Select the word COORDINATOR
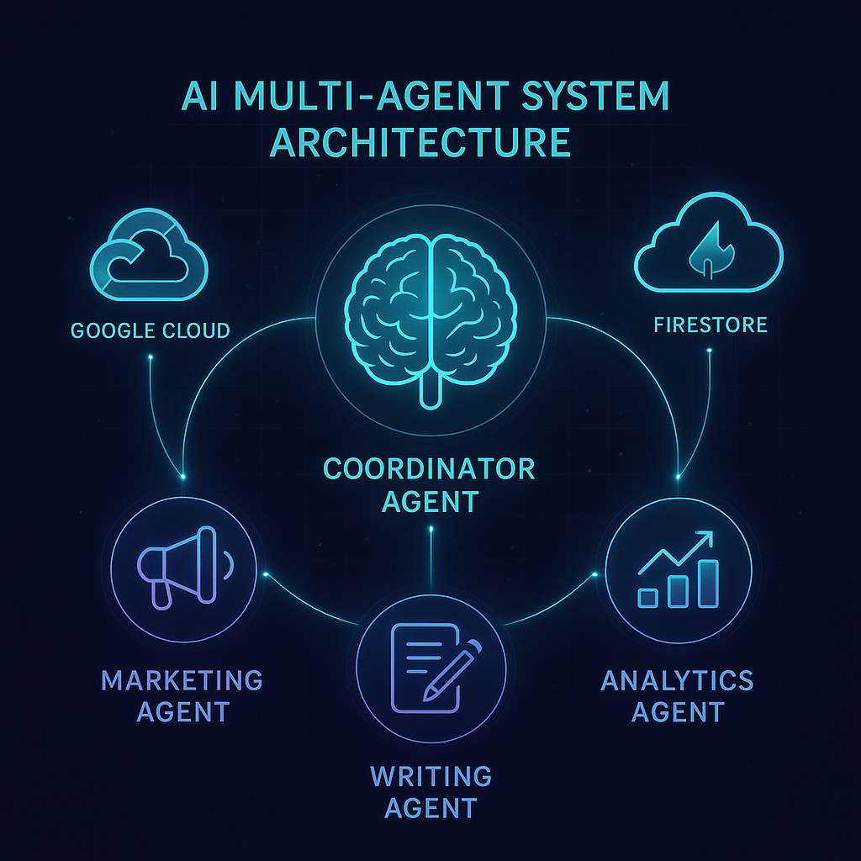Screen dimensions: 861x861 coord(429,467)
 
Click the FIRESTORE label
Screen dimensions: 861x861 coord(710,324)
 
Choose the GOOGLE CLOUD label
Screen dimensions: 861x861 coord(150,330)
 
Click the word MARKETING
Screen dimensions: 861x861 coord(182,679)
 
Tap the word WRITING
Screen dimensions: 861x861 coord(430,775)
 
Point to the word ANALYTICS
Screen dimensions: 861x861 coord(677,679)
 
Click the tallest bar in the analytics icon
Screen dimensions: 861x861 coord(710,583)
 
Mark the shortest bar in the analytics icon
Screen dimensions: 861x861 coord(648,597)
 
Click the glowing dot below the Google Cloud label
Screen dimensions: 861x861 coord(150,358)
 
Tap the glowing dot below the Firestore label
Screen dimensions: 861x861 coord(710,352)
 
